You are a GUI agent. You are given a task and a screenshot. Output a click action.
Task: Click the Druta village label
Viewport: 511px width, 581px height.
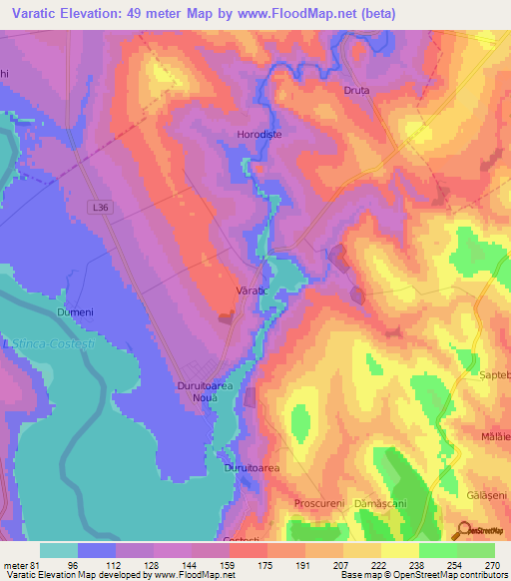pos(356,90)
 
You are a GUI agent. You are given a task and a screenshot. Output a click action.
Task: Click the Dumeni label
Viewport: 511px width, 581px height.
pos(75,312)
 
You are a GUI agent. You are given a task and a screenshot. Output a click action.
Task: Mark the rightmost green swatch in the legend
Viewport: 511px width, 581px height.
pos(476,550)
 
